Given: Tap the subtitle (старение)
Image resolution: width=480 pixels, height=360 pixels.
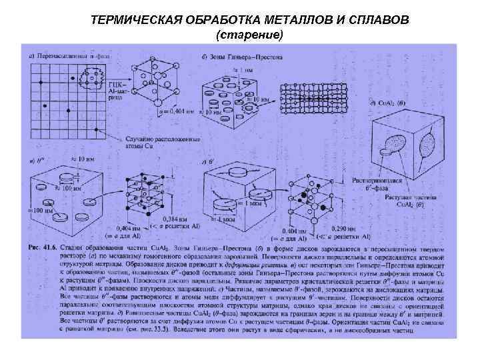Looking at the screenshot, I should [250, 34].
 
